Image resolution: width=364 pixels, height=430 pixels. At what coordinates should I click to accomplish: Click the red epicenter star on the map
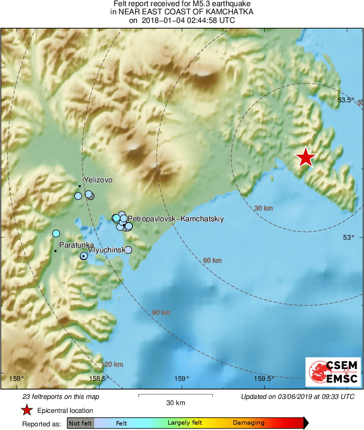305,158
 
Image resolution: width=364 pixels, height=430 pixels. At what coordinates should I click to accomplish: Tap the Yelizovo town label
98,180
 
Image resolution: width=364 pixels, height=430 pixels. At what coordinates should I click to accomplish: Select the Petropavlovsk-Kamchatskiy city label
175,219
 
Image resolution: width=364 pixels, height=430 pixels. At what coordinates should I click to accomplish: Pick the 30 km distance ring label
264,208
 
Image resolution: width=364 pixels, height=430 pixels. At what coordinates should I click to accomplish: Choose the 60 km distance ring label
212,260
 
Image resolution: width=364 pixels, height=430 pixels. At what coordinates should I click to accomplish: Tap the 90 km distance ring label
161,313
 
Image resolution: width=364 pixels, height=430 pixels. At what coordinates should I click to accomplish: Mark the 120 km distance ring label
112,365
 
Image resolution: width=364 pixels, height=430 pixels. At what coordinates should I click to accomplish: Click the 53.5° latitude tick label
345,100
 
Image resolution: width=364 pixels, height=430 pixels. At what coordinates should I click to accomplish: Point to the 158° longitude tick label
17,378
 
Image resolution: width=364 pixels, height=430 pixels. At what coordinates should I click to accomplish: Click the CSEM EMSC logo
333,372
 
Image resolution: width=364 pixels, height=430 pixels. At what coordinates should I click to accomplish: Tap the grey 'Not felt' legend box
81,423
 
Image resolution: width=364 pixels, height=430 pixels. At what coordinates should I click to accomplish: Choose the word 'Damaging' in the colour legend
249,423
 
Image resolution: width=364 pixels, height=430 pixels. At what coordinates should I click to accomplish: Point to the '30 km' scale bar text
175,403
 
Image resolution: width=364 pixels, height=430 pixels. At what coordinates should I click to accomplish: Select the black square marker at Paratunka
55,251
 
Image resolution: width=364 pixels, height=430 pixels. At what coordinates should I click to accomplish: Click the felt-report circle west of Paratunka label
56,234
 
